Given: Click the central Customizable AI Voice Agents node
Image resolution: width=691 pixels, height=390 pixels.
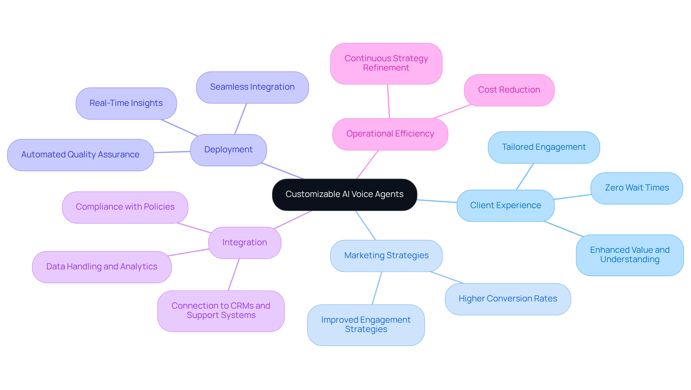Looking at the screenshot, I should click(x=344, y=194).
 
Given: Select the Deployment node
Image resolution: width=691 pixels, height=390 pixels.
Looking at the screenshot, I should click(x=228, y=150).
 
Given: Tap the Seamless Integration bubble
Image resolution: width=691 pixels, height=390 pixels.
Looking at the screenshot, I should click(x=252, y=87).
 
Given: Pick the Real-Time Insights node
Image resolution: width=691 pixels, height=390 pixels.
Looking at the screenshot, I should click(x=126, y=103).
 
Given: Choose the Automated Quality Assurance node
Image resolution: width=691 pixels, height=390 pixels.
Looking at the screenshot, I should click(x=80, y=155).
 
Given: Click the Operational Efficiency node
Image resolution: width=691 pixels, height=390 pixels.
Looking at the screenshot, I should click(x=390, y=134).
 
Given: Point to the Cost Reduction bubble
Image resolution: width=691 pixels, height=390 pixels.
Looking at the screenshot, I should click(x=509, y=90).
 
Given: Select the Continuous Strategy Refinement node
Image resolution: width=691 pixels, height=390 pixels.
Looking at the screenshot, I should click(x=386, y=63).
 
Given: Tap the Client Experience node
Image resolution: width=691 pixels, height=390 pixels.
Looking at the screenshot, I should click(x=505, y=206).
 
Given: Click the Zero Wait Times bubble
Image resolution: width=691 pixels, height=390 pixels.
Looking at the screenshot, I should click(x=637, y=188).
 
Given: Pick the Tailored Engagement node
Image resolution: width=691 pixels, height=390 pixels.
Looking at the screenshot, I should click(x=543, y=147).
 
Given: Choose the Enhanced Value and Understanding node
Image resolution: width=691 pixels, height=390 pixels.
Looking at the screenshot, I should click(x=629, y=255).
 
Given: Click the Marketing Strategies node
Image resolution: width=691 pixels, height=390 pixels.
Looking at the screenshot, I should click(x=386, y=256).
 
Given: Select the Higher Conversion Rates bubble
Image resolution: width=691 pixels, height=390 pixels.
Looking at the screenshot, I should click(x=507, y=299).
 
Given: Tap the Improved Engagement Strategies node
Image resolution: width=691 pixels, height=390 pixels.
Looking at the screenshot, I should click(x=366, y=325).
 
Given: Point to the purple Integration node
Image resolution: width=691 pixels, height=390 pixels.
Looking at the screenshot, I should click(x=244, y=243).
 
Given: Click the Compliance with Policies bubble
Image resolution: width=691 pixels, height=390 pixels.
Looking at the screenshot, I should click(x=125, y=207).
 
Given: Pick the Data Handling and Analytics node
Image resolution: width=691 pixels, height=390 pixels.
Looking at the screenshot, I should click(x=101, y=267).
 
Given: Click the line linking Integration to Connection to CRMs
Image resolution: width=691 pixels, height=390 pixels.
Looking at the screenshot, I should click(x=234, y=274).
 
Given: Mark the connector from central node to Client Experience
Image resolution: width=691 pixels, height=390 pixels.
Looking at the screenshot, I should click(x=437, y=201).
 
